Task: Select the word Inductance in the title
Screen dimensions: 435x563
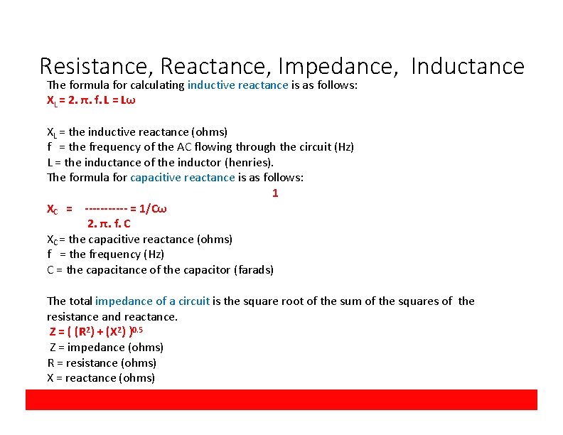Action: [x=467, y=66]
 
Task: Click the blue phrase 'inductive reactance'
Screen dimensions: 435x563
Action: [x=238, y=85]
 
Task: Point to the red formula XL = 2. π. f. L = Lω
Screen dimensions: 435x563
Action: [x=91, y=100]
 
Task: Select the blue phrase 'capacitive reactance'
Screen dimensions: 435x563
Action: [x=183, y=177]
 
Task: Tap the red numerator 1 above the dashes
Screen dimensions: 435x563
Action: [x=275, y=193]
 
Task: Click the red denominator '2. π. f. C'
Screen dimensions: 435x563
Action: [x=109, y=224]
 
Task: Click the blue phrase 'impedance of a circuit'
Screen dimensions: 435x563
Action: [x=152, y=301]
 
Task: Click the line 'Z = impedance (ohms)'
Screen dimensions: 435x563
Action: [x=106, y=348]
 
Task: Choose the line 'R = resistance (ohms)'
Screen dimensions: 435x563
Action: [x=102, y=362]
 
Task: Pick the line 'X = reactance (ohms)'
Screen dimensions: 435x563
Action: [x=101, y=378]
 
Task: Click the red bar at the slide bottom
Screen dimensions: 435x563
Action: [x=281, y=399]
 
